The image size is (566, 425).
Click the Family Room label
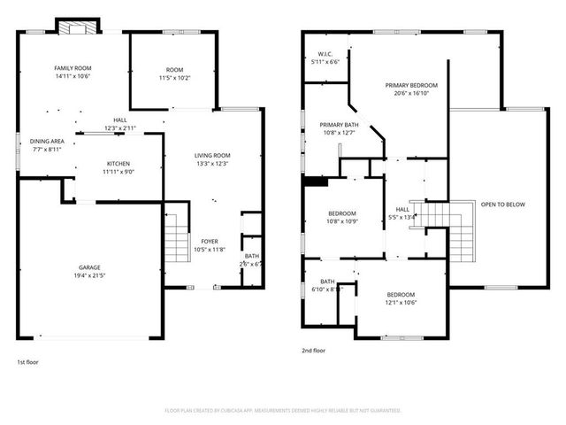[73, 68]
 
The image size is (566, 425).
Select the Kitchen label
[119, 164]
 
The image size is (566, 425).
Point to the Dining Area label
[47, 142]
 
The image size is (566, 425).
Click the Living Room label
[212, 156]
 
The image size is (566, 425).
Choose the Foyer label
[210, 241]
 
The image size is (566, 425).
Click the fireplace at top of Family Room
[77, 27]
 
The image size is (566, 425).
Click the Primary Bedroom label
[411, 85]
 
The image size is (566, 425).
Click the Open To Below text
[502, 205]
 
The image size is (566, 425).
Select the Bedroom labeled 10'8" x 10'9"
[342, 213]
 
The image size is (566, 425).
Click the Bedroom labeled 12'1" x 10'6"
[400, 295]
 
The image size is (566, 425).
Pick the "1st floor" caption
[27, 362]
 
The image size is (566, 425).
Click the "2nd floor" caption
[314, 351]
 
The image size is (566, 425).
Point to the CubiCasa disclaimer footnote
[283, 411]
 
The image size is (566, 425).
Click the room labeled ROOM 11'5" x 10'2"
[174, 70]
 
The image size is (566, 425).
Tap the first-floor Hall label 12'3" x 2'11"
[119, 121]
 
